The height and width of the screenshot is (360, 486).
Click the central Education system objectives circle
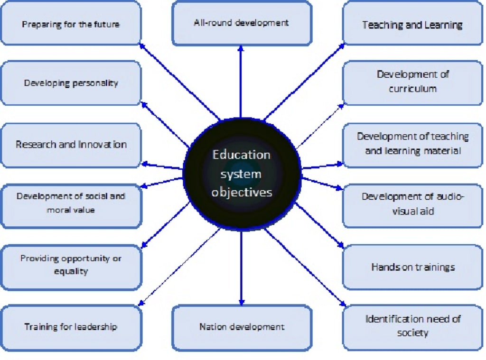(x=242, y=173)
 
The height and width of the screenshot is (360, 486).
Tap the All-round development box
(x=241, y=23)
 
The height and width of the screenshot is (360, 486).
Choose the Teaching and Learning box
(x=412, y=24)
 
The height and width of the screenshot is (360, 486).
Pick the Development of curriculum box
(x=412, y=82)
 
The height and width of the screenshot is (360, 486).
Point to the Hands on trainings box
(x=412, y=267)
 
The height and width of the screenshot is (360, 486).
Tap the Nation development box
(x=241, y=327)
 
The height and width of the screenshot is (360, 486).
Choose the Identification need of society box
(x=412, y=326)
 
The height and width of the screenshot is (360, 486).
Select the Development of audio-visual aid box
(x=412, y=204)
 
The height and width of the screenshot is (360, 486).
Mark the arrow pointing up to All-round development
(x=241, y=81)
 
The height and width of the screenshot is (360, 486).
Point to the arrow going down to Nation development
(x=241, y=268)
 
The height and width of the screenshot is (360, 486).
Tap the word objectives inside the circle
(x=242, y=192)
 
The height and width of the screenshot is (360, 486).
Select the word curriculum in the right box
(x=412, y=89)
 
